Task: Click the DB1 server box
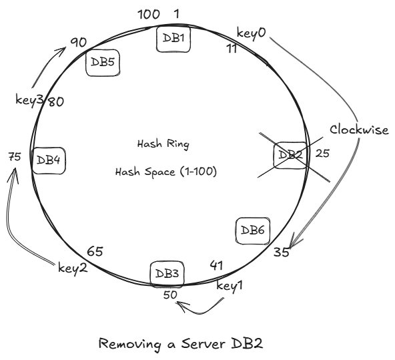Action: point(173,39)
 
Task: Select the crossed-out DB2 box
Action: point(290,155)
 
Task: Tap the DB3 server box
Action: point(167,273)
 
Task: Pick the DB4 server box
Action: point(49,160)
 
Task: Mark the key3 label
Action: point(29,100)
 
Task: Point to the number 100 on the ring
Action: point(149,15)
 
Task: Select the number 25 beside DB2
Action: point(322,154)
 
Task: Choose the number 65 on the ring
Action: point(95,252)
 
